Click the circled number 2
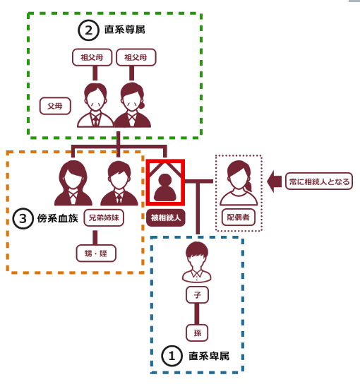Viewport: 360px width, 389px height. point(88,30)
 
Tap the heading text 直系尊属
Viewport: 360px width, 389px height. point(124,30)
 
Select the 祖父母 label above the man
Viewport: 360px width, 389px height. point(92,57)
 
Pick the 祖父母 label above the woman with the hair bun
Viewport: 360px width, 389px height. point(136,57)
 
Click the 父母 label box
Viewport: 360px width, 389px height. point(55,106)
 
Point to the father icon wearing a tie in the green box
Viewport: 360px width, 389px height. point(95,105)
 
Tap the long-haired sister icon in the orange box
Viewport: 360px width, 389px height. point(73,183)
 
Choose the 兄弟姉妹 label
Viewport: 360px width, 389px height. point(104,218)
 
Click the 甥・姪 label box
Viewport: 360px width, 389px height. point(96,253)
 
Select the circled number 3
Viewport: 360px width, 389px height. point(23,219)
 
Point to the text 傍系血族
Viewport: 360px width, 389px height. point(58,218)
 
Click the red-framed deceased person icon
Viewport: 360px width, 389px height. point(165,183)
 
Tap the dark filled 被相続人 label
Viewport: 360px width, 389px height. point(166,218)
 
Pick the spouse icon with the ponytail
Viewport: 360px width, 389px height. point(239,183)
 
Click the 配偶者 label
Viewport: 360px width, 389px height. point(238,217)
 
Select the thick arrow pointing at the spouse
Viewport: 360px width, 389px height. point(274,181)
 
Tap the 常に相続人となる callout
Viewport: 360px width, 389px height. point(319,181)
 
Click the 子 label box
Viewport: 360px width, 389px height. point(197,295)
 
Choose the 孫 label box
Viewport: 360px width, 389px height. point(197,333)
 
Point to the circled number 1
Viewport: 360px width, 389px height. point(172,356)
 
